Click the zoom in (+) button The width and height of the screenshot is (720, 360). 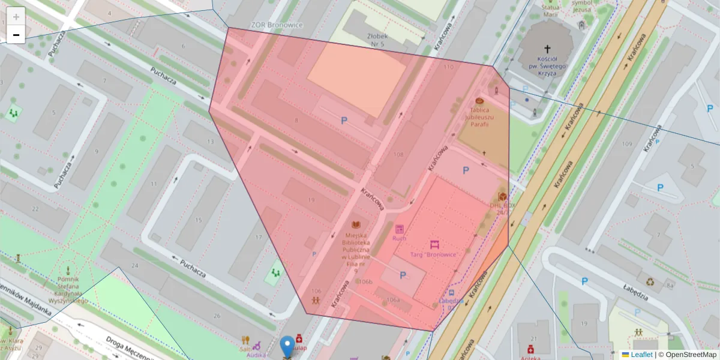16,17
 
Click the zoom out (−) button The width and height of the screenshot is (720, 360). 16,35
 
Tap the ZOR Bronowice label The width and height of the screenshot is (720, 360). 277,25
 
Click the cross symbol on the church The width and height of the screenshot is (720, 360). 547,49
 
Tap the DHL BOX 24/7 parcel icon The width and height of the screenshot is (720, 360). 502,196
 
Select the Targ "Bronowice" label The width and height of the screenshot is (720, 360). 435,254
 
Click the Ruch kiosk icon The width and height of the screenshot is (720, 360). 399,229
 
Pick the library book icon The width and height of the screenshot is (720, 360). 356,225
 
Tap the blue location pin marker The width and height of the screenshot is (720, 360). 288,346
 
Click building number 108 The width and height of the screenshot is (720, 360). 398,154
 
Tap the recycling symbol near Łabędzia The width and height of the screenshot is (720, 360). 650,280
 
